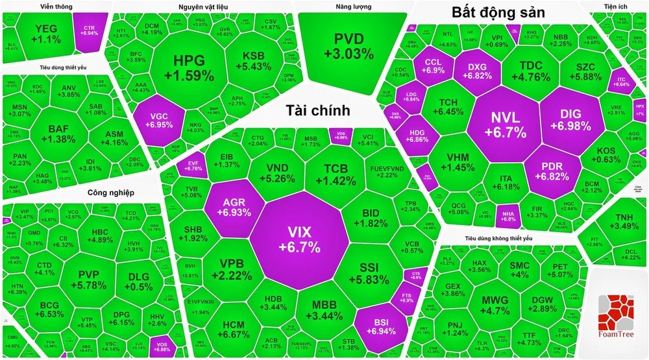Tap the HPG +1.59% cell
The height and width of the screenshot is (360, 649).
tap(188, 67)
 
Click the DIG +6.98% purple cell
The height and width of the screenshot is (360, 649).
tap(570, 120)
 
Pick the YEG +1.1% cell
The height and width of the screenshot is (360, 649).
tap(47, 34)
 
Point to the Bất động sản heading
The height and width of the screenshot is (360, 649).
tap(498, 12)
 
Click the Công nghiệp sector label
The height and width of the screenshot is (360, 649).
tap(110, 193)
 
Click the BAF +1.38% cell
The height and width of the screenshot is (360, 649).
tap(62, 134)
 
